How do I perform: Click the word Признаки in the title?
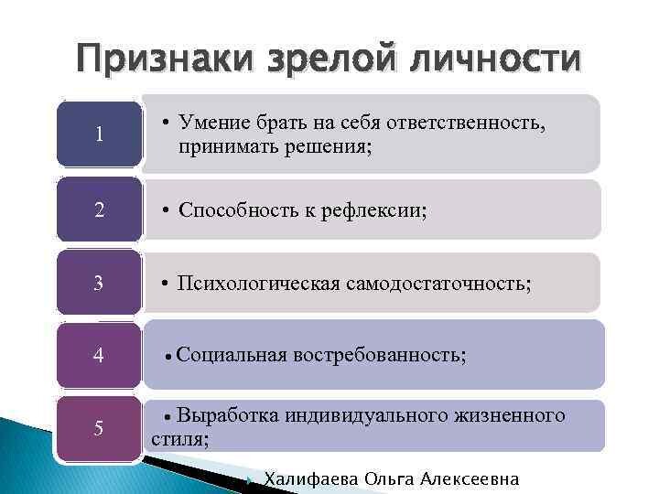(x=165, y=59)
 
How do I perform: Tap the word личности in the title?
(x=495, y=58)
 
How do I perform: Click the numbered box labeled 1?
(x=99, y=134)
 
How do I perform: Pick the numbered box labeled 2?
(x=99, y=209)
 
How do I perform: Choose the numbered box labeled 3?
(x=99, y=283)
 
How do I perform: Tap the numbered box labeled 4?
(x=99, y=355)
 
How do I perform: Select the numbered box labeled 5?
(x=99, y=429)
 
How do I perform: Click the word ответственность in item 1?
(x=466, y=123)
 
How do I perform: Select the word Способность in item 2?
(x=238, y=210)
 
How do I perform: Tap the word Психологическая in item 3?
(x=258, y=284)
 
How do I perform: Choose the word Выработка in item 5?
(x=227, y=415)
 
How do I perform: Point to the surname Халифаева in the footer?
(x=311, y=478)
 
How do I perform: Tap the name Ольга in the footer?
(x=389, y=478)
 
